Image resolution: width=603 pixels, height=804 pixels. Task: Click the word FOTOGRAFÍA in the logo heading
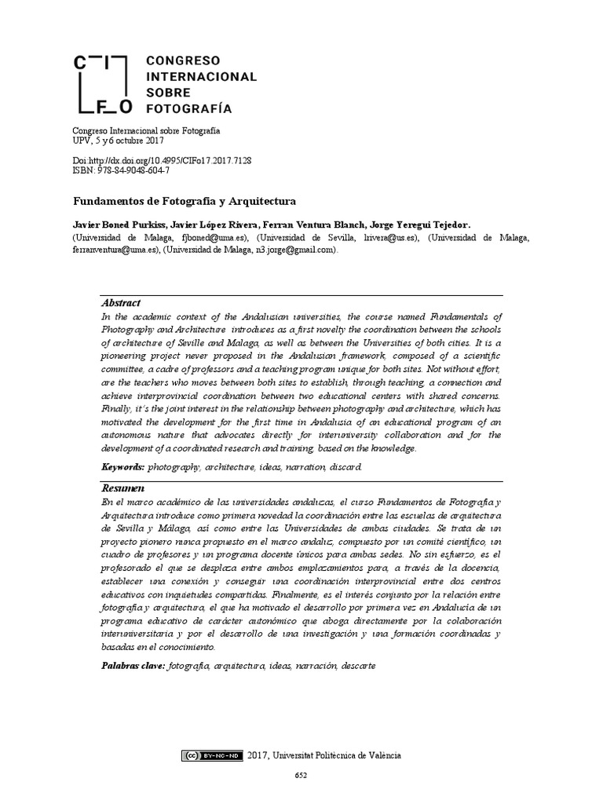[x=189, y=108]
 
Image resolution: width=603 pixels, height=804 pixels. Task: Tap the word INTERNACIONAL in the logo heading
[x=202, y=77]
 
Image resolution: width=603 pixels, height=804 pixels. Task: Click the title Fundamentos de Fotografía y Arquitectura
[x=184, y=201]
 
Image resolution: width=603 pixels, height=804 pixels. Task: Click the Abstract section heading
[x=121, y=303]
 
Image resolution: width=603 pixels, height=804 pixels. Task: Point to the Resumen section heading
[x=123, y=488]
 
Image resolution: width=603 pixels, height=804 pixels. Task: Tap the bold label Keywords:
[x=123, y=466]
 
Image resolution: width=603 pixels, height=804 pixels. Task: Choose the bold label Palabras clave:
[x=133, y=666]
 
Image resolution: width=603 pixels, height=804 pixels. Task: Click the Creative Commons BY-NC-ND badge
[x=212, y=756]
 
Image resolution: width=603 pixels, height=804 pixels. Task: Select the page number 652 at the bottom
[x=301, y=777]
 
